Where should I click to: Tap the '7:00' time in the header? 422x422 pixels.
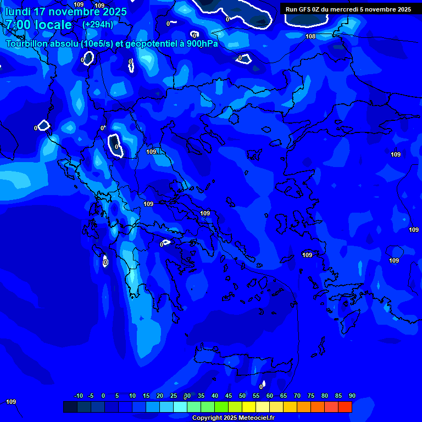click(19, 25)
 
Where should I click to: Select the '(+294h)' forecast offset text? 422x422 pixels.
click(97, 25)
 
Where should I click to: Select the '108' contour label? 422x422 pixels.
click(310, 36)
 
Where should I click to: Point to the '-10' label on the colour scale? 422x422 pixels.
click(78, 396)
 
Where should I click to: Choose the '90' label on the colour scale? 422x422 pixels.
click(352, 396)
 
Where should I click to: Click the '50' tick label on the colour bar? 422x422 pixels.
click(242, 396)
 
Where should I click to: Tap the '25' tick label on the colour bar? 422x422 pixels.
click(174, 396)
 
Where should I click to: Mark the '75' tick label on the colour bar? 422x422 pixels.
click(311, 396)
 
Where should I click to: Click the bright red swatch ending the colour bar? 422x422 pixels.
click(345, 407)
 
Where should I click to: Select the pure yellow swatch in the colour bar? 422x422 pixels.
click(249, 407)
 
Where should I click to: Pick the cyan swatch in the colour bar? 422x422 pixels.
click(180, 407)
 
